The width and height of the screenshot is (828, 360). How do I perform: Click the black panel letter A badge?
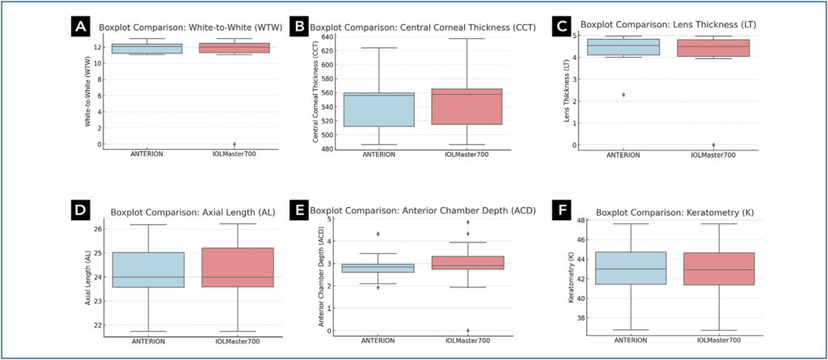pyautogui.click(x=80, y=27)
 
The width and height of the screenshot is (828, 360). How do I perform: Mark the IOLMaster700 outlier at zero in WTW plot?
pyautogui.click(x=234, y=144)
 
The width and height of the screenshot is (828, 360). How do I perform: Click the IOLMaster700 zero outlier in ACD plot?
pyautogui.click(x=467, y=330)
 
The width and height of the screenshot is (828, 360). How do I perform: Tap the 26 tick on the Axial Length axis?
pyautogui.click(x=97, y=229)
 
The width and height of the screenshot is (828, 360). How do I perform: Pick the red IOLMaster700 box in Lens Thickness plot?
pyautogui.click(x=712, y=48)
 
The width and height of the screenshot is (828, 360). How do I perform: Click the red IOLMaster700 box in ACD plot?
pyautogui.click(x=467, y=262)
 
